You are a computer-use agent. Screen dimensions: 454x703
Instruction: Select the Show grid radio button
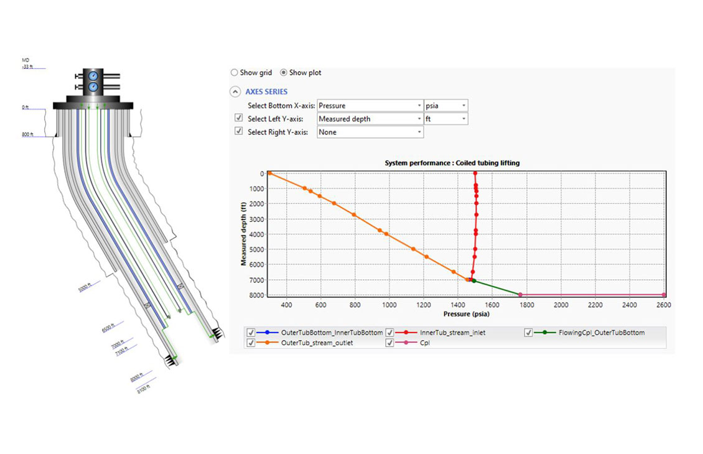click(235, 73)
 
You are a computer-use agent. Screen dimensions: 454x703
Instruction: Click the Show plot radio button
click(284, 73)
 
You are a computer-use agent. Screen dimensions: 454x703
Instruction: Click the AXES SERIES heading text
click(266, 92)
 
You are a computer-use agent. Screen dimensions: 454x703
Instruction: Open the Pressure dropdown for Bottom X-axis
click(370, 106)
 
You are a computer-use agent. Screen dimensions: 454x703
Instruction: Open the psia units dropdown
click(445, 106)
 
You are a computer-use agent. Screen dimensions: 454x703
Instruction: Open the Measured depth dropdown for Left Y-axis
click(370, 119)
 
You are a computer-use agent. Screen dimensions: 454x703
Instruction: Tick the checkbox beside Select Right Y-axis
click(238, 131)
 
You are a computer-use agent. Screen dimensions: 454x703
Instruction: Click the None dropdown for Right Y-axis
click(370, 132)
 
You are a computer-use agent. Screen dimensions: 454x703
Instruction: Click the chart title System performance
click(452, 163)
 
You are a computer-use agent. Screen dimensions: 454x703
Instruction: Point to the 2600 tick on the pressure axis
click(663, 305)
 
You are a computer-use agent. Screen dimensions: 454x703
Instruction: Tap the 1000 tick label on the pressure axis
click(389, 305)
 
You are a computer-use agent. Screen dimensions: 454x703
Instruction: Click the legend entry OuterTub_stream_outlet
click(317, 343)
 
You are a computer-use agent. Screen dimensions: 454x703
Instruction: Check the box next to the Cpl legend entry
click(390, 343)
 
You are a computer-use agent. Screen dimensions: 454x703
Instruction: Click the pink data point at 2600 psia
click(664, 295)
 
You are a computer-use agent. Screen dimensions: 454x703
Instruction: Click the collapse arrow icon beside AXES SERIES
click(235, 92)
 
